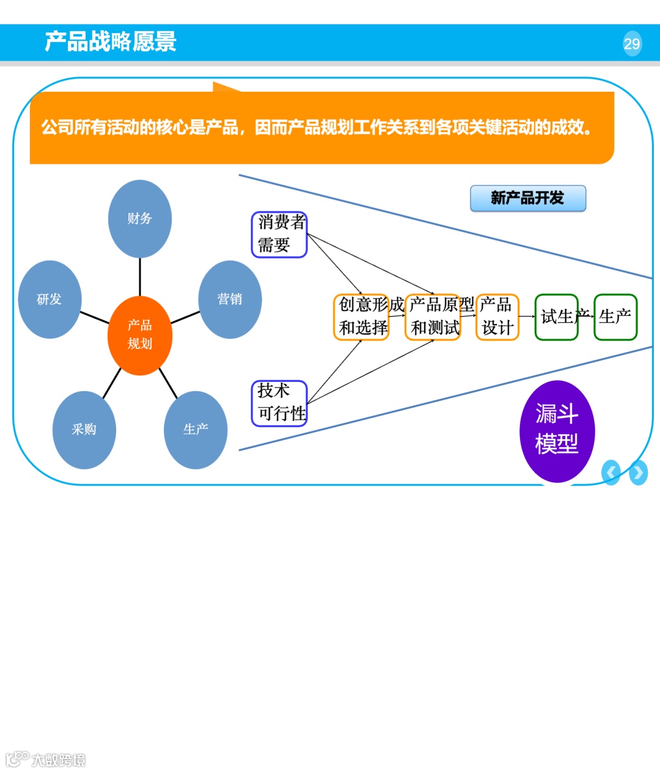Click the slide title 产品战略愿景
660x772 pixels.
click(x=111, y=42)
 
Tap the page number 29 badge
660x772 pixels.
click(x=632, y=43)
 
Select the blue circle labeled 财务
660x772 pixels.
click(x=139, y=219)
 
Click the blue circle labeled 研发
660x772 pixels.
click(x=50, y=300)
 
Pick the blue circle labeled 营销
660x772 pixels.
click(x=230, y=300)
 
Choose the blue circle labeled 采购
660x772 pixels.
click(x=84, y=430)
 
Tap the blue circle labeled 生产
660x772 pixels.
click(x=196, y=430)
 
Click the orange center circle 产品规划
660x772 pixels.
click(x=139, y=335)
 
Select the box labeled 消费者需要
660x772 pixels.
click(x=279, y=234)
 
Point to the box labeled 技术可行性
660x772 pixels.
click(x=279, y=403)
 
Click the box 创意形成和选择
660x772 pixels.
click(x=362, y=317)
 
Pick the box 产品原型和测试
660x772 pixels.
click(x=433, y=317)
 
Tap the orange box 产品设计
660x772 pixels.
click(x=497, y=317)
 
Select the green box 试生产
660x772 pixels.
click(x=556, y=317)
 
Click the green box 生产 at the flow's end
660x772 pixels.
click(x=615, y=317)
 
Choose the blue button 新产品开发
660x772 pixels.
click(x=527, y=198)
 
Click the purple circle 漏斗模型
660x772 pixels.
click(x=557, y=430)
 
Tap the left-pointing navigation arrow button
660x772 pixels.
click(x=611, y=472)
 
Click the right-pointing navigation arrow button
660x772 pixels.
click(x=638, y=472)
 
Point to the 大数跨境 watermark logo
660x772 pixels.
click(x=46, y=759)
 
